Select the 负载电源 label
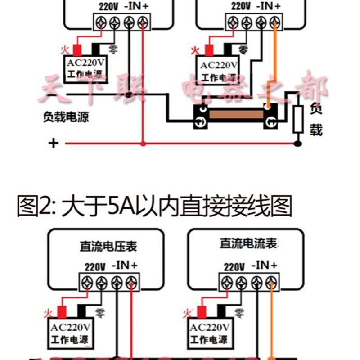pyautogui.click(x=66, y=118)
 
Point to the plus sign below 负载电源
pyautogui.click(x=54, y=144)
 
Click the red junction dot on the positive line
pyautogui.click(x=143, y=144)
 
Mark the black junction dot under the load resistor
pyautogui.click(x=297, y=144)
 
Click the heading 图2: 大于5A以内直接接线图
pyautogui.click(x=155, y=208)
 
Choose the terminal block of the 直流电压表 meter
pyautogui.click(x=109, y=283)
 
